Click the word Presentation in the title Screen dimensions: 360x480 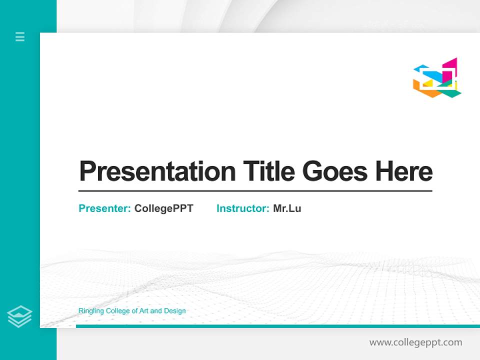pos(157,171)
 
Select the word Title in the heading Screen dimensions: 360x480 pos(268,171)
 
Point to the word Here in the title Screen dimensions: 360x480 pos(403,171)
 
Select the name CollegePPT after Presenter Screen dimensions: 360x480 pos(163,208)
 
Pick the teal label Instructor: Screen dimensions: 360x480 pos(243,208)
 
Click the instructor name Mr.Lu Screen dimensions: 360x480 pos(287,208)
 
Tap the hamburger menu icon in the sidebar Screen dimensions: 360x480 pos(20,36)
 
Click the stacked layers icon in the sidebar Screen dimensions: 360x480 pos(19,316)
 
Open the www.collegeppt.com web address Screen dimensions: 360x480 pos(415,342)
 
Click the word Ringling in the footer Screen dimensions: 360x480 pos(90,311)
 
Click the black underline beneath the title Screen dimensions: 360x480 pos(255,191)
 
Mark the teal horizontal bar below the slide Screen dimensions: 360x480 pos(277,326)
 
